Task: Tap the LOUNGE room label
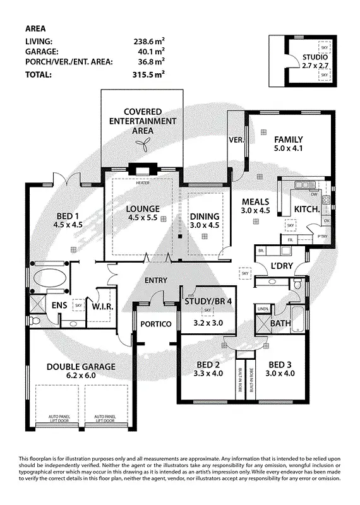coord(142,209)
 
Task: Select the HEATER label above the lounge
coord(142,182)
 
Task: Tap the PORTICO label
coord(157,324)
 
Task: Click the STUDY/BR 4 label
coord(208,301)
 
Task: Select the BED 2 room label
coord(208,364)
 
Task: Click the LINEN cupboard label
coord(263,308)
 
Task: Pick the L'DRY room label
coord(282,266)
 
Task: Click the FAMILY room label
coord(288,140)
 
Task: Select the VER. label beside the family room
coord(236,140)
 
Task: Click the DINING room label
coord(205,217)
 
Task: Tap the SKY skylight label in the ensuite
coord(78,305)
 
